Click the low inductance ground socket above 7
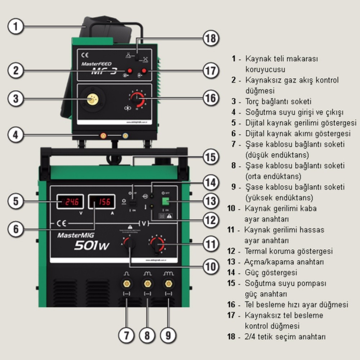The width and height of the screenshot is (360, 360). (126, 284)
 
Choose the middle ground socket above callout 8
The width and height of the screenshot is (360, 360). (147, 284)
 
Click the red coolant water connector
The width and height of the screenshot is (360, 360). (103, 136)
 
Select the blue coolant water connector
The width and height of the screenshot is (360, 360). (125, 136)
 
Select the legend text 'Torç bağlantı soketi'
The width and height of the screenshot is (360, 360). (278, 102)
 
